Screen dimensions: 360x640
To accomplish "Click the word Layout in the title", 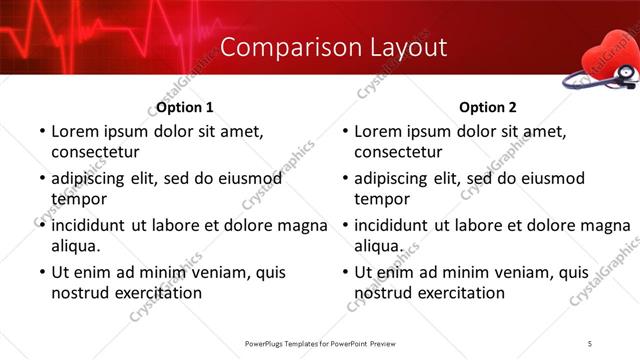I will [399, 48].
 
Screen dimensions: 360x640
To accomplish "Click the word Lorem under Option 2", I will [379, 131].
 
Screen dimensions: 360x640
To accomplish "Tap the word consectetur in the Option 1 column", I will [95, 152].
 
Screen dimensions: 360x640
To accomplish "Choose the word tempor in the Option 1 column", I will [76, 199].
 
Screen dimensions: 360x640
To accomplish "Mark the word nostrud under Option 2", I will [383, 293].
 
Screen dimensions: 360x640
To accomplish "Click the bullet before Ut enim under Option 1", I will [40, 272].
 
